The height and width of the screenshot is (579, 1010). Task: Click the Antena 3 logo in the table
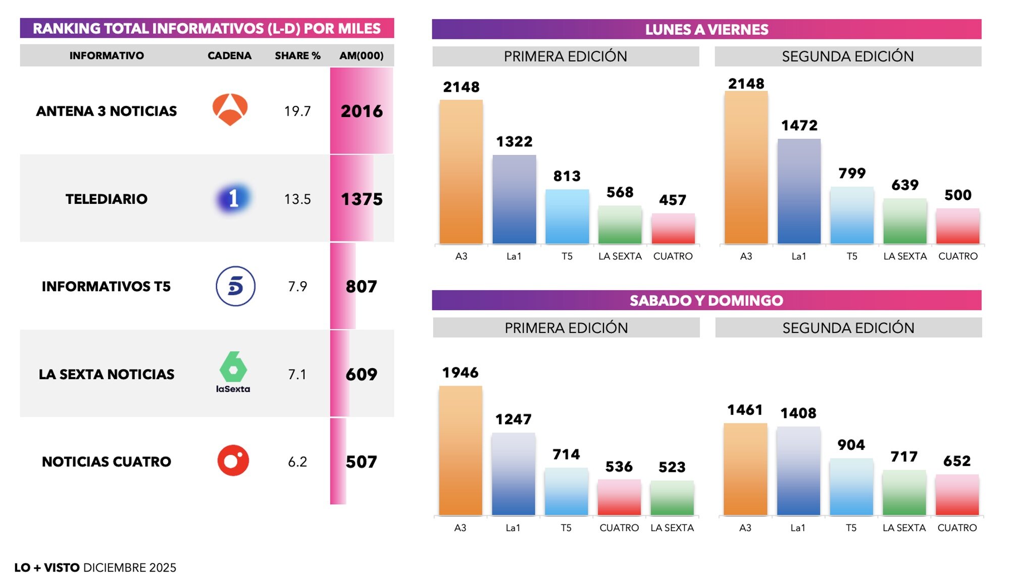[230, 110]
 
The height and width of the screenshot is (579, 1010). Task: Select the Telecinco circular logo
[235, 286]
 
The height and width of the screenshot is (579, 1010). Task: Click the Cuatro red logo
[233, 460]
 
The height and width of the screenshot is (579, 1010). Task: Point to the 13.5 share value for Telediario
[297, 199]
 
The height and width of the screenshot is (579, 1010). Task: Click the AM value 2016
[362, 111]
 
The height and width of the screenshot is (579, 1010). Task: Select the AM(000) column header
[361, 56]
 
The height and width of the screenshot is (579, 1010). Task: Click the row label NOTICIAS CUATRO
[106, 461]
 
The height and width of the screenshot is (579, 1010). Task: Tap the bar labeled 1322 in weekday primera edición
[514, 199]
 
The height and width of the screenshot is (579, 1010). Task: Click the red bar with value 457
[673, 229]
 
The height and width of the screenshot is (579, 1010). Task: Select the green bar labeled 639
[904, 221]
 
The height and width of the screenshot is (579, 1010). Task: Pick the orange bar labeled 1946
[461, 450]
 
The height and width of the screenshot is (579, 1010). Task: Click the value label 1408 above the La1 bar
[798, 413]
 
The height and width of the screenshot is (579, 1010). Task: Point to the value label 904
[851, 445]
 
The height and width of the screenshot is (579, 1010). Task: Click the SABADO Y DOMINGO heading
[706, 300]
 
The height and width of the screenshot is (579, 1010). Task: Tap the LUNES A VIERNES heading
[706, 29]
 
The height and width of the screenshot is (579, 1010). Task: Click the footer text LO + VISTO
[47, 567]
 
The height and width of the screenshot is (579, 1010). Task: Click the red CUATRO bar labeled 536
[619, 497]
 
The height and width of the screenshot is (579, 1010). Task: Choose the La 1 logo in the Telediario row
[233, 198]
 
